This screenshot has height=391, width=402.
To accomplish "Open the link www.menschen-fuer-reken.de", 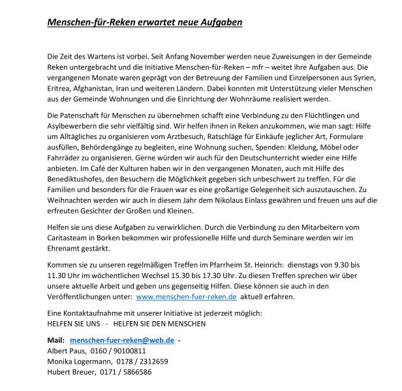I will click(186, 296).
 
